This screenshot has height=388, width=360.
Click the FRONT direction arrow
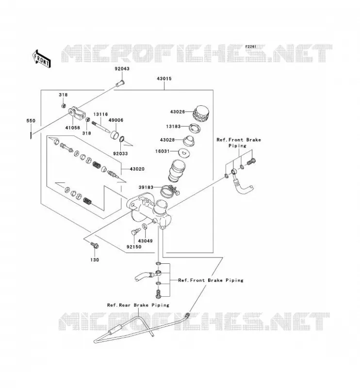click(42, 59)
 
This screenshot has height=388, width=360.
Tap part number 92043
click(122, 68)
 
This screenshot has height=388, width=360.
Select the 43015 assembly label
click(164, 79)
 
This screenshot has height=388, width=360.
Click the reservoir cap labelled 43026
click(200, 113)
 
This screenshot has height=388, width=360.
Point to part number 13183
click(173, 127)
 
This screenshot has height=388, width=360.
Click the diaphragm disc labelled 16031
click(184, 152)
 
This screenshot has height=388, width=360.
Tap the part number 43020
click(137, 169)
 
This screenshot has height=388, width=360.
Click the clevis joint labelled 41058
click(77, 113)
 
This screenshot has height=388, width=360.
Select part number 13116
click(100, 114)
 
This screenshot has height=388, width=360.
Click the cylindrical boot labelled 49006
click(114, 135)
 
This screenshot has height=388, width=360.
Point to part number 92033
click(120, 153)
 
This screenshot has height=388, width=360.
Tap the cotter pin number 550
click(31, 121)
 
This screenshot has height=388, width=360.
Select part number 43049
click(145, 241)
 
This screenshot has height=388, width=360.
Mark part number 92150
click(134, 247)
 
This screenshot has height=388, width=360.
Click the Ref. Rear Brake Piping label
click(138, 305)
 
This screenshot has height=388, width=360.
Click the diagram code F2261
click(251, 47)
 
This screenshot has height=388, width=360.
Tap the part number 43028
click(167, 140)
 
